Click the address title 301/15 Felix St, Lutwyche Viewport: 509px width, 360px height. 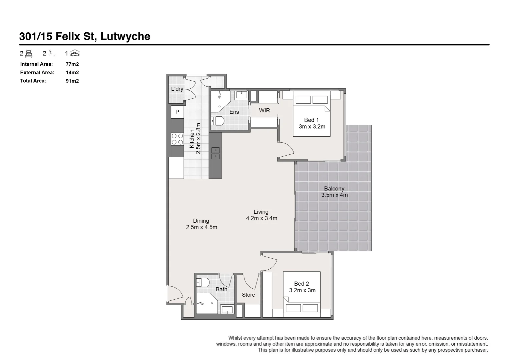coord(85,36)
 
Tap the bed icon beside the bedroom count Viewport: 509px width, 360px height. coord(29,53)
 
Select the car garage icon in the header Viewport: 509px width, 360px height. coord(75,53)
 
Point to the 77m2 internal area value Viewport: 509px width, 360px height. coord(72,64)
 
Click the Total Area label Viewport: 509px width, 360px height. coord(33,81)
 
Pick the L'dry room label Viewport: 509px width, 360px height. coord(177,89)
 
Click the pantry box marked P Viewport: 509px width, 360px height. coord(177,112)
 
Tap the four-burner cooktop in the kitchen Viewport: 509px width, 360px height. coord(177,139)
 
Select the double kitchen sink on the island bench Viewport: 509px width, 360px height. coord(215,153)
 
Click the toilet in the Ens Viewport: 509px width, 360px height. coord(217,121)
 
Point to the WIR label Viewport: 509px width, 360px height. coord(265,110)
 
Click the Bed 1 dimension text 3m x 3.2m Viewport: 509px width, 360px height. coord(312,127)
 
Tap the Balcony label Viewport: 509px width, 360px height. coord(334,189)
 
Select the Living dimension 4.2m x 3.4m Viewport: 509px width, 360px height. coord(262,218)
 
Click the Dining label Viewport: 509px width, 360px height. coord(201,221)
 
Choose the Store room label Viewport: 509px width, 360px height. coord(248,295)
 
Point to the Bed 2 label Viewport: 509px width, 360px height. coord(302,284)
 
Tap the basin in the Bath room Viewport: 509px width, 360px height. coord(227,310)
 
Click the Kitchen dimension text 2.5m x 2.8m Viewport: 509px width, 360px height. coord(198,138)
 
